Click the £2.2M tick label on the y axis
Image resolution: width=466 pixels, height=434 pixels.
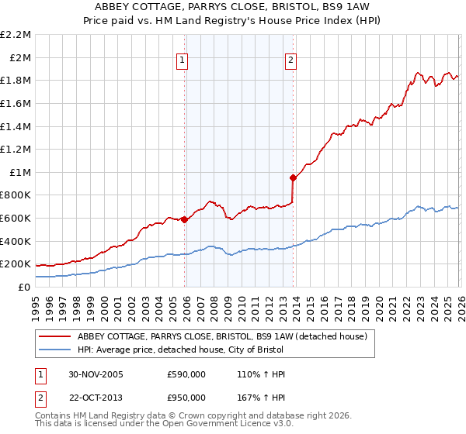coord(16,35)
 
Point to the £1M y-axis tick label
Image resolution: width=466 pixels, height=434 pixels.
coord(20,172)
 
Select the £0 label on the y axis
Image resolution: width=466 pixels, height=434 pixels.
coord(25,287)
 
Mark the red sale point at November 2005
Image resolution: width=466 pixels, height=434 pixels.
coord(184,219)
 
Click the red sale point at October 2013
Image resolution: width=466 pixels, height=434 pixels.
coord(293,177)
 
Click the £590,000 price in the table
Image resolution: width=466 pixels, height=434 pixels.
coord(186,374)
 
